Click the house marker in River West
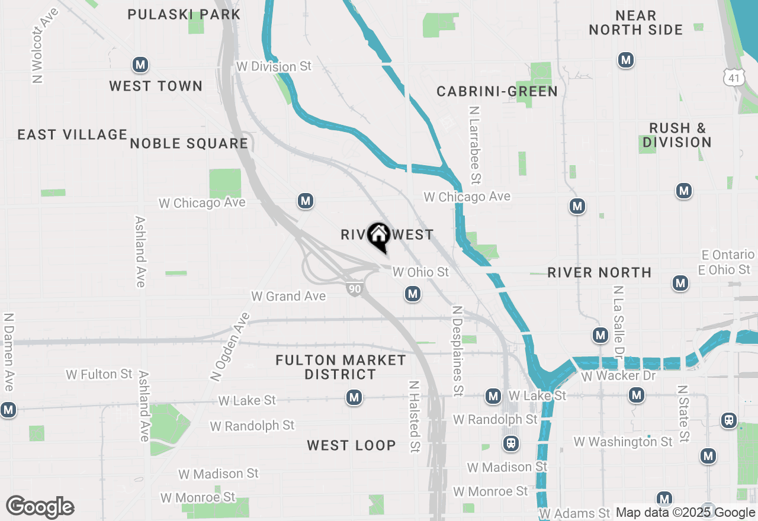pyautogui.click(x=378, y=236)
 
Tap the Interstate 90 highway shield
pyautogui.click(x=354, y=289)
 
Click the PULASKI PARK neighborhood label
pyautogui.click(x=184, y=14)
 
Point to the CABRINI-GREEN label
pyautogui.click(x=497, y=91)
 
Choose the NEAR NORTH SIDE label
pyautogui.click(x=635, y=22)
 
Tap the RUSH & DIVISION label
pyautogui.click(x=677, y=135)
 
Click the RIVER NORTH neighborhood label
pyautogui.click(x=599, y=272)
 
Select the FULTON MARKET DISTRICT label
pyautogui.click(x=341, y=367)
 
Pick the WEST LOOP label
pyautogui.click(x=351, y=445)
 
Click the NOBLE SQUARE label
pyautogui.click(x=189, y=143)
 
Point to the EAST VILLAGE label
pyautogui.click(x=72, y=134)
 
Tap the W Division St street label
pyautogui.click(x=274, y=66)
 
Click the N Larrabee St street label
pyautogui.click(x=475, y=145)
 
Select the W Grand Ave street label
pyautogui.click(x=288, y=296)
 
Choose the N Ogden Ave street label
pyautogui.click(x=230, y=347)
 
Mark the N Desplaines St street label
pyautogui.click(x=457, y=350)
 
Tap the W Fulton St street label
pyautogui.click(x=99, y=374)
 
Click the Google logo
pyautogui.click(x=40, y=507)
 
